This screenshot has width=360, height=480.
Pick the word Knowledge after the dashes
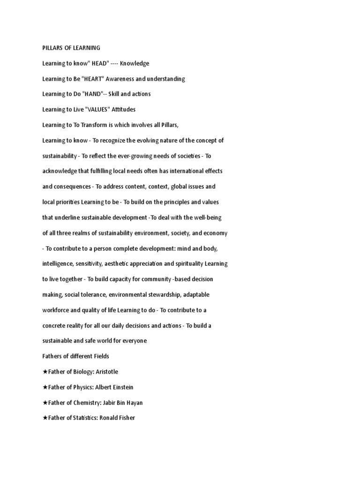pos(135,63)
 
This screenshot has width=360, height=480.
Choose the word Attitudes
pos(124,110)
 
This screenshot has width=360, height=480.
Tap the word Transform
pos(86,125)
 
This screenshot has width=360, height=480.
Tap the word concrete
pos(54,326)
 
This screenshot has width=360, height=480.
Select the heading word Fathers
pos(53,356)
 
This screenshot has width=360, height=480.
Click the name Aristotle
pos(107,372)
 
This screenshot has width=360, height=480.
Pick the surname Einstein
pos(121,387)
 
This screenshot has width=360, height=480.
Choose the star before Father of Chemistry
pos(45,402)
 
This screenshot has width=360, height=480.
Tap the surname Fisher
pos(126,418)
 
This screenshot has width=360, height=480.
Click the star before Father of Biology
pos(45,372)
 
